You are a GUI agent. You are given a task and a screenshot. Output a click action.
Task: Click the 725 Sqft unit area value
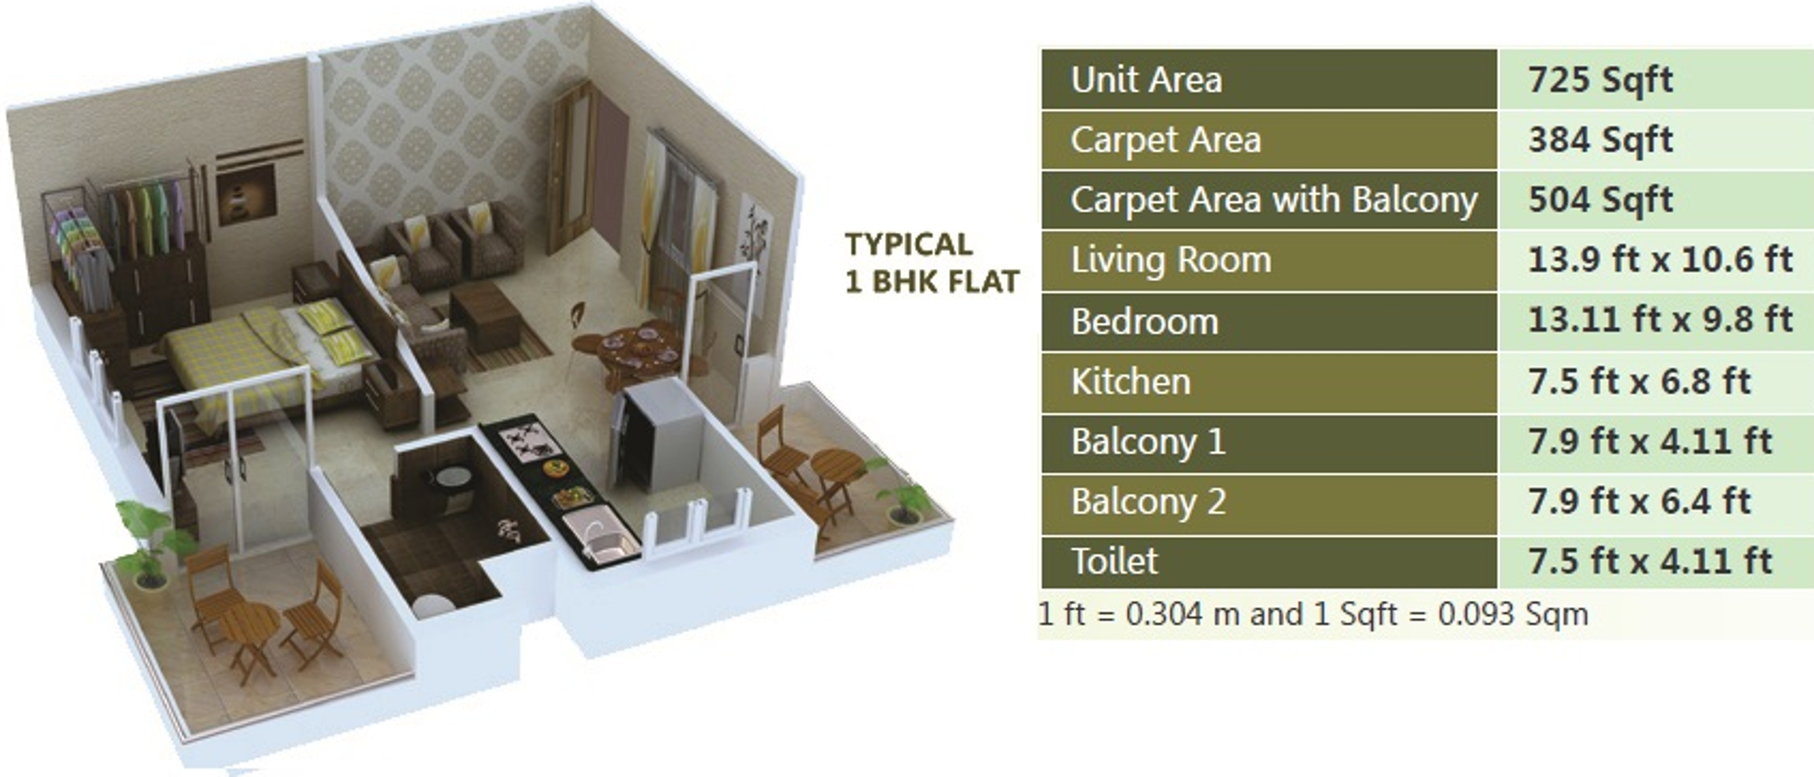click(1599, 79)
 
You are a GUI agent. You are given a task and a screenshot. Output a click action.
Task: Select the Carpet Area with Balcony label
click(1273, 199)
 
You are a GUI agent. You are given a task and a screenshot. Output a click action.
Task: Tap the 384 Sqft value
click(1599, 139)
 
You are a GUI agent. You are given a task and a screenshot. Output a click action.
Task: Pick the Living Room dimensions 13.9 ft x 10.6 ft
click(1659, 259)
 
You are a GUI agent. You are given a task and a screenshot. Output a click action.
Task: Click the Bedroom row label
click(1144, 321)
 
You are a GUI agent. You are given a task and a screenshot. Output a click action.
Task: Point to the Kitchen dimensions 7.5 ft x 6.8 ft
click(1638, 381)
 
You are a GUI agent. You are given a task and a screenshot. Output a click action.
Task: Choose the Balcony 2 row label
click(1148, 501)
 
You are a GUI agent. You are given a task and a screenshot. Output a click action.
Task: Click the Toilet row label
click(1114, 561)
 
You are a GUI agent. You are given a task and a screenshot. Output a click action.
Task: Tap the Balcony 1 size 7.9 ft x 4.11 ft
click(1648, 441)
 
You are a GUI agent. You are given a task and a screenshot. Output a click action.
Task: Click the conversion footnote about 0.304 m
click(1312, 614)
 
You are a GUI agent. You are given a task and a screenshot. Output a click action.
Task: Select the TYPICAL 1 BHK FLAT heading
click(930, 262)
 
